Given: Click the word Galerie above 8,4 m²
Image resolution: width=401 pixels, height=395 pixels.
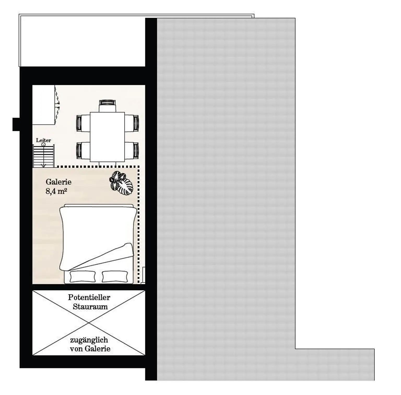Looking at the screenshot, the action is [58, 182].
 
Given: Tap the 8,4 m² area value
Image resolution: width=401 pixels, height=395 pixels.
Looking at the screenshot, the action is [56, 191].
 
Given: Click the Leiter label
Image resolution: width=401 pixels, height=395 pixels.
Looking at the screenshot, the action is [43, 140].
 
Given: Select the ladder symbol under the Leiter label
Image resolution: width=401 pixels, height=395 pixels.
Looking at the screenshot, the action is [44, 156].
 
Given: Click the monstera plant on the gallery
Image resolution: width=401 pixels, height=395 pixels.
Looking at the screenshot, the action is [121, 183].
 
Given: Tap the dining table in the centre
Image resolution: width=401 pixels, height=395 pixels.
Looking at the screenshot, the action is [107, 137].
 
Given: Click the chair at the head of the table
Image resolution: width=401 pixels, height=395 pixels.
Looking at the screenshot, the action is [107, 106].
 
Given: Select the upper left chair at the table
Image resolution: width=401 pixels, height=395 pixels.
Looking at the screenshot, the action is [83, 123].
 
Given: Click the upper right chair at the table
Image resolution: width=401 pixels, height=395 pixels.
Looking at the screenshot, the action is [132, 123].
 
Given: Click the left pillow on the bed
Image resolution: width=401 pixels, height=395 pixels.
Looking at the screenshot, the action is [83, 277].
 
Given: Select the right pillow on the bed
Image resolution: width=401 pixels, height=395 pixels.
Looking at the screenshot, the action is [115, 277].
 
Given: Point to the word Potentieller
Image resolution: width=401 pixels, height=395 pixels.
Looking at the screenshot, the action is [89, 297].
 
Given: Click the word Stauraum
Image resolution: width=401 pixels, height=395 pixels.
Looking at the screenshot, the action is [90, 307].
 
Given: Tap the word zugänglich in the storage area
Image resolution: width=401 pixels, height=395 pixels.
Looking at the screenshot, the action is [89, 340].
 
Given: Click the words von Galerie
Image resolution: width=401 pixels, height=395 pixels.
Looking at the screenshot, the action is [90, 349].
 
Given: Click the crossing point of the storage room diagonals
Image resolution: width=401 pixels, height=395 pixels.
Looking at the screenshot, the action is [89, 323].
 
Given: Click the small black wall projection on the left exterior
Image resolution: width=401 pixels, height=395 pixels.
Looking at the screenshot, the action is [16, 124].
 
